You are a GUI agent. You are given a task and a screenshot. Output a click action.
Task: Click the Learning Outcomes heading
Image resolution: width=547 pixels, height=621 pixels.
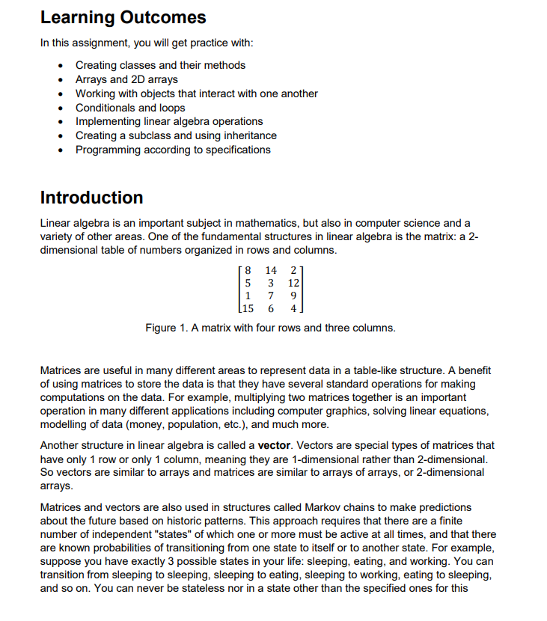[123, 17]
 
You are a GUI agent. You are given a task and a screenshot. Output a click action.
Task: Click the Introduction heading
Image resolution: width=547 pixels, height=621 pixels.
[91, 198]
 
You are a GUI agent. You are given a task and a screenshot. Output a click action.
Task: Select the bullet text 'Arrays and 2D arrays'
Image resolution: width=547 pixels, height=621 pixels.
[126, 79]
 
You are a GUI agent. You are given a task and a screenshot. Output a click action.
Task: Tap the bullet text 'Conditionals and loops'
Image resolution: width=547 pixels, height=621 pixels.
[130, 108]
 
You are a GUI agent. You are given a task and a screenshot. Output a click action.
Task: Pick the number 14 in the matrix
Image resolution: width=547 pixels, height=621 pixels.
[271, 270]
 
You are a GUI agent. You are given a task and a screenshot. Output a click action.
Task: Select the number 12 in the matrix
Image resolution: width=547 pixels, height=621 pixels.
[293, 284]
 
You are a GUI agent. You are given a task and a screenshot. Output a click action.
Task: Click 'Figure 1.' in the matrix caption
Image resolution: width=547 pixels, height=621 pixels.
[169, 328]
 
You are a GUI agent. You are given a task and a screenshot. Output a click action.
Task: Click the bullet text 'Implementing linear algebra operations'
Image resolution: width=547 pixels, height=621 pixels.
[169, 121]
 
